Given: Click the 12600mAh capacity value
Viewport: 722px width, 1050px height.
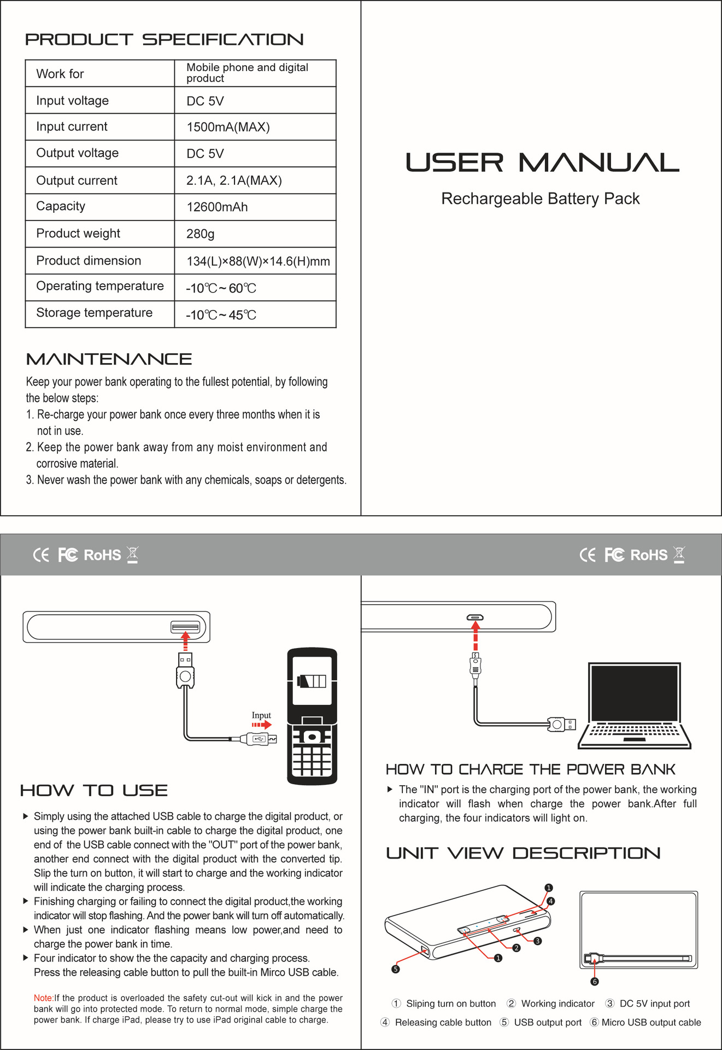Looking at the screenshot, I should pos(217,207).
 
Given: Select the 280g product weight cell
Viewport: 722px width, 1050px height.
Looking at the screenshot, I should pos(200,234).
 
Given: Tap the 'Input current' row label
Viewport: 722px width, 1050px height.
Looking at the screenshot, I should pos(72,127).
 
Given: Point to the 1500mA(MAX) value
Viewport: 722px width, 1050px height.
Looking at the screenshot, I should pos(228,127).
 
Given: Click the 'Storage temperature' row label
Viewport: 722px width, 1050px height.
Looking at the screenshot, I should pos(94,313).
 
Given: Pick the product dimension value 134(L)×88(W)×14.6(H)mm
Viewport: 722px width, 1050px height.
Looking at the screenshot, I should pos(258,261).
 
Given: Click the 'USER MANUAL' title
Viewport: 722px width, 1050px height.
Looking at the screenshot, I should pos(542,163).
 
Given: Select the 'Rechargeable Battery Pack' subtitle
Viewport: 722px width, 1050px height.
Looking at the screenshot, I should pos(540,199).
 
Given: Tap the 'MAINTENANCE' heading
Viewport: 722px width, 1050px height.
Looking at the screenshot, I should pos(109,359).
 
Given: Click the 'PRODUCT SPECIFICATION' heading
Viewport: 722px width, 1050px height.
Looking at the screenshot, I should pos(164,40).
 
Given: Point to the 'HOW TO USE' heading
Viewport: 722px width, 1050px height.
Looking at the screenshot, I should pos(93,791).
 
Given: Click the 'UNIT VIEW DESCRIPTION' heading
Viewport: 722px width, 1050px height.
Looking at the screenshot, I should pos(523,853).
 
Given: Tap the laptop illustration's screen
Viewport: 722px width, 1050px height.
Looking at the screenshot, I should pos(634,693).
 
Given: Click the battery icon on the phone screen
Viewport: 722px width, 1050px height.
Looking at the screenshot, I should pos(312,681).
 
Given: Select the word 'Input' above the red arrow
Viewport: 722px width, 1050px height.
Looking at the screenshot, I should pos(261,715).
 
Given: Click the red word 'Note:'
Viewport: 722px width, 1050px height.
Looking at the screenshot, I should pos(43,998).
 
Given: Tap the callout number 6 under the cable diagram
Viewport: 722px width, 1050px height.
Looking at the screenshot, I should pos(595,982).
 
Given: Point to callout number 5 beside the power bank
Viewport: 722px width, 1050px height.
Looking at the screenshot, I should pos(396,969).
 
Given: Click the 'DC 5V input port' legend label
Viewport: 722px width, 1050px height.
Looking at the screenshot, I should pos(654,1004).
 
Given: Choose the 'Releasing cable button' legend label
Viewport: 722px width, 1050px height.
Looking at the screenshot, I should pos(443,1023).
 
